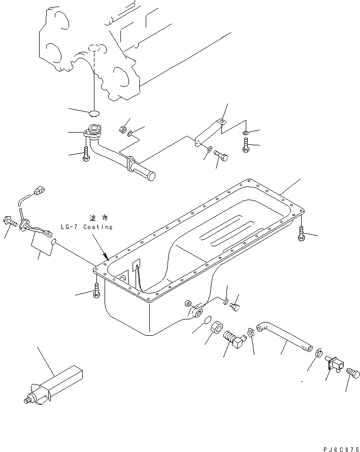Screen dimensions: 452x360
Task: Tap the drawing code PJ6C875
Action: [x=340, y=448]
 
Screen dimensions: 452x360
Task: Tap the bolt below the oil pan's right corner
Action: [x=301, y=234]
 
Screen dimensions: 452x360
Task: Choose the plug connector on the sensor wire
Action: [x=38, y=192]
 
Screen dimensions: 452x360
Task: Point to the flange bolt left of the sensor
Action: [x=11, y=221]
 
